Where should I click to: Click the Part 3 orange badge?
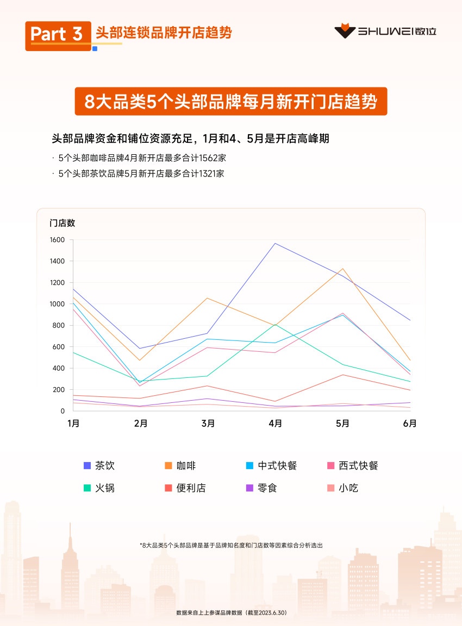pyautogui.click(x=58, y=35)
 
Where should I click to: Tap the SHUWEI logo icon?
pyautogui.click(x=344, y=31)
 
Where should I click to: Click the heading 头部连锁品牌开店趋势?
pyautogui.click(x=164, y=33)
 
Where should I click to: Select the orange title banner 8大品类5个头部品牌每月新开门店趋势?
pyautogui.click(x=230, y=102)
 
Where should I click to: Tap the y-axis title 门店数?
pyautogui.click(x=62, y=223)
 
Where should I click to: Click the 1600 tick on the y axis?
pyautogui.click(x=57, y=240)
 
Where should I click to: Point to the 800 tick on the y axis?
pyautogui.click(x=59, y=326)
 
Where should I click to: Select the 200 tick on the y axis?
pyautogui.click(x=59, y=390)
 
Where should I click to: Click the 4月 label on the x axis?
pyautogui.click(x=275, y=423)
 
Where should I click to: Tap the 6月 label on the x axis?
pyautogui.click(x=410, y=423)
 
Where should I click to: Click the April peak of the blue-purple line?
pyautogui.click(x=276, y=243)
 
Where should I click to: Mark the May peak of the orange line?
pyautogui.click(x=343, y=269)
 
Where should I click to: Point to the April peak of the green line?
pyautogui.click(x=276, y=324)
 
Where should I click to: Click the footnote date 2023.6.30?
pyautogui.click(x=272, y=612)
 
